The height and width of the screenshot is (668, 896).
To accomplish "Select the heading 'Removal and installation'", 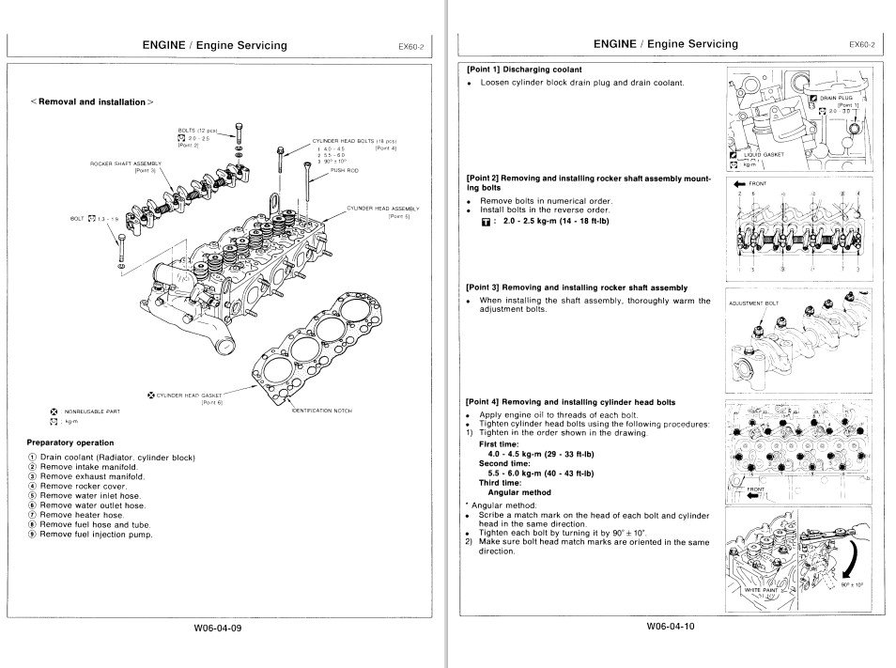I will coord(92,101).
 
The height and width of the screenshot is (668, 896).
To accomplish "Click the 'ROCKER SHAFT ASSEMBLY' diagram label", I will coord(125,163).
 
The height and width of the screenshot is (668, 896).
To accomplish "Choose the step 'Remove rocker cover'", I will coord(89,486).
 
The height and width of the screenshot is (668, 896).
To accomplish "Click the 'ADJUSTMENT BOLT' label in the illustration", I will coord(754,303).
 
